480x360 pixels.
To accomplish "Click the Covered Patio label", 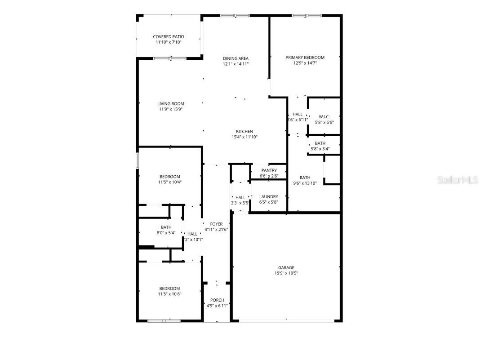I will pyautogui.click(x=169, y=37).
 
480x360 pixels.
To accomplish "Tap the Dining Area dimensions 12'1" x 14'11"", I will pyautogui.click(x=236, y=64).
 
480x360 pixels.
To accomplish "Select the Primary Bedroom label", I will pyautogui.click(x=305, y=58).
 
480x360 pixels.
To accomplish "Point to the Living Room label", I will pyautogui.click(x=171, y=104).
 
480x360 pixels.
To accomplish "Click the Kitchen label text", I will pyautogui.click(x=244, y=132).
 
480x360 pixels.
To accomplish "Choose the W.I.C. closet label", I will pyautogui.click(x=324, y=117).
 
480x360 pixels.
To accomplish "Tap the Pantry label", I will pyautogui.click(x=269, y=170).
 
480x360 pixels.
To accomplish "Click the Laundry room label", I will pyautogui.click(x=269, y=197).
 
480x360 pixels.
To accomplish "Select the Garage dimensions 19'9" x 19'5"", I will pyautogui.click(x=286, y=273).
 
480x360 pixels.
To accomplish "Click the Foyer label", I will pyautogui.click(x=217, y=224).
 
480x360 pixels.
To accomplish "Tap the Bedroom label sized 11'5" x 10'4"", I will pyautogui.click(x=170, y=177).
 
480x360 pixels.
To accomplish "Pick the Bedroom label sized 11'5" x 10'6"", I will pyautogui.click(x=169, y=289).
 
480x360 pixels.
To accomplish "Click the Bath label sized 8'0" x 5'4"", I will pyautogui.click(x=166, y=227).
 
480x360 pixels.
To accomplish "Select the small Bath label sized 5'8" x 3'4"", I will pyautogui.click(x=320, y=143).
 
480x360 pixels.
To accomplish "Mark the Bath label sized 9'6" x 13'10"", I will pyautogui.click(x=305, y=178).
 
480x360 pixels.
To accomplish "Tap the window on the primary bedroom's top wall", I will pyautogui.click(x=307, y=16).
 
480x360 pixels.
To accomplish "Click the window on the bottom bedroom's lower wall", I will pyautogui.click(x=164, y=320).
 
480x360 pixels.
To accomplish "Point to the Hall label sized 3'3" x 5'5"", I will pyautogui.click(x=240, y=197).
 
